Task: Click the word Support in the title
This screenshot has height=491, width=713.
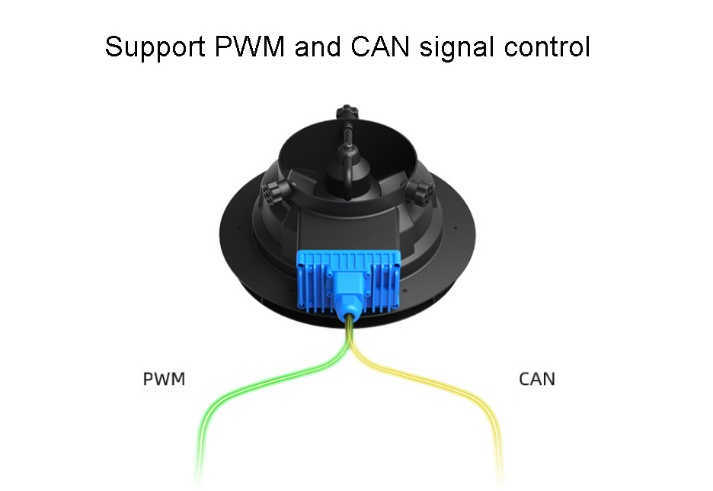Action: tap(155, 47)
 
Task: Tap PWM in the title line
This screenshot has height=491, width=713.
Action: tap(250, 46)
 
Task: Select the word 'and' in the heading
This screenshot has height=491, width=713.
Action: tap(318, 47)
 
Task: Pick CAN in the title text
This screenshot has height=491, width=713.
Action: tap(380, 46)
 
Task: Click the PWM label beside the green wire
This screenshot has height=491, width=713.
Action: tap(164, 379)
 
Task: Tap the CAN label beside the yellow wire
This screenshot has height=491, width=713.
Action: tap(537, 379)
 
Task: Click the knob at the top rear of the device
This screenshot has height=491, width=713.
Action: tap(347, 112)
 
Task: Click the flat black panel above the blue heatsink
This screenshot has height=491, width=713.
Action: tap(349, 230)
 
